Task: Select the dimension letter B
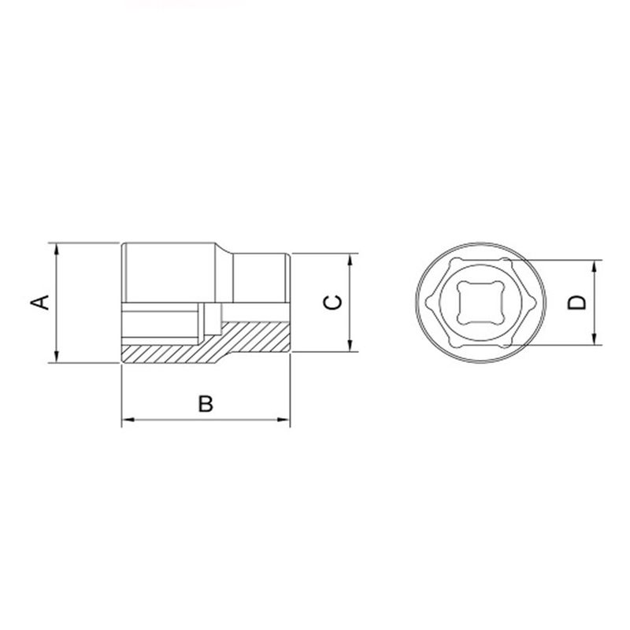tap(205, 403)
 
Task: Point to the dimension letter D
tap(579, 302)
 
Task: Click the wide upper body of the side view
tap(169, 272)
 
